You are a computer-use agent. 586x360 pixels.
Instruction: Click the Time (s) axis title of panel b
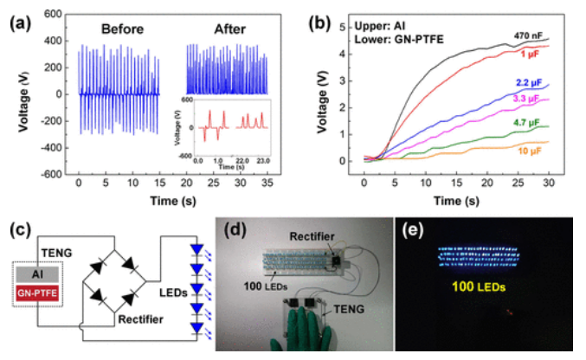[x=458, y=200]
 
